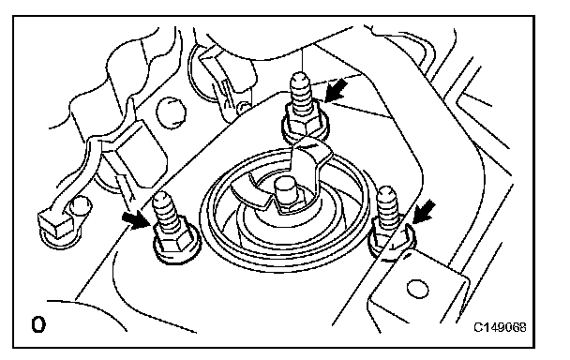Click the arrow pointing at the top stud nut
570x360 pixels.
coord(336,91)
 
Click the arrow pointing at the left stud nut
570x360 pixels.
coord(136,221)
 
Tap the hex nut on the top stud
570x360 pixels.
coord(306,124)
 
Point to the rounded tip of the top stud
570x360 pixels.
coord(300,78)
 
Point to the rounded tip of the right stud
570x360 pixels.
coord(386,192)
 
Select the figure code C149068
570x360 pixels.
coord(500,327)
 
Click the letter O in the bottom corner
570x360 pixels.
coord(38,324)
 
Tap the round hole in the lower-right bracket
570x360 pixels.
coord(418,290)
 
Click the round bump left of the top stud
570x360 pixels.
coord(170,112)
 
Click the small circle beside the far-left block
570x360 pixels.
coord(81,206)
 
